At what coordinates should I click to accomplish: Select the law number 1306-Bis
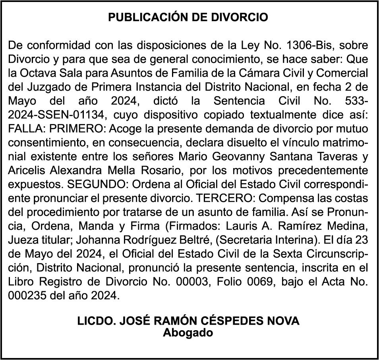click(306, 45)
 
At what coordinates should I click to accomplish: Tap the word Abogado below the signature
click(188, 332)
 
